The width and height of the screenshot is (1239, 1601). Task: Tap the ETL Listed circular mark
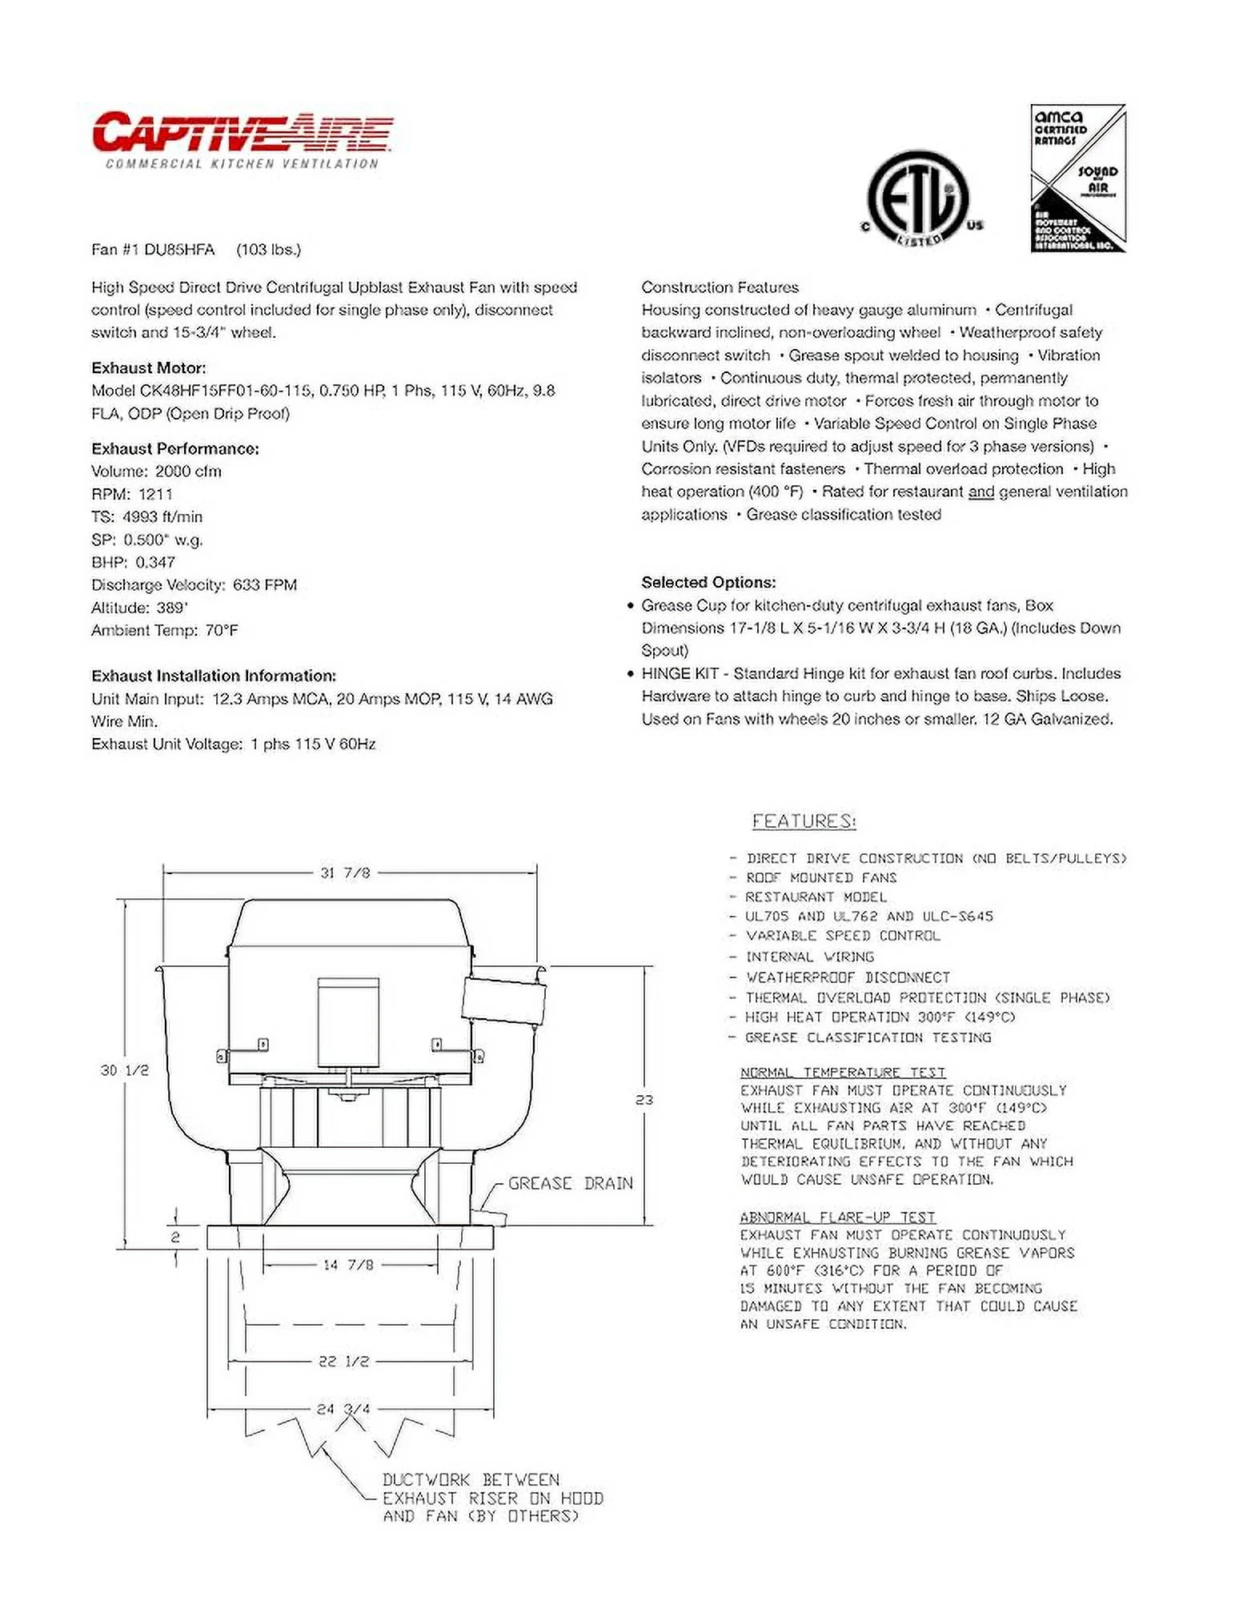pyautogui.click(x=918, y=198)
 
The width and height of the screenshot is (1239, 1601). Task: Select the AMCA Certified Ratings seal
pyautogui.click(x=1077, y=179)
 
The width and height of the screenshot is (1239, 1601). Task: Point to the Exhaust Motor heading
pyautogui.click(x=149, y=368)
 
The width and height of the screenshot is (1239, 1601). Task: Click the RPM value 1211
pyautogui.click(x=155, y=494)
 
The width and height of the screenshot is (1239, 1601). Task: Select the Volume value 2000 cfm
pyautogui.click(x=188, y=471)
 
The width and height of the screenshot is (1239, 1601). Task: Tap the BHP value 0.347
pyautogui.click(x=155, y=562)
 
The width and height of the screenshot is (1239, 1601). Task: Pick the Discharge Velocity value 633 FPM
pyautogui.click(x=265, y=585)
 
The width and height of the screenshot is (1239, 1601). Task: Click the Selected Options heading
pyautogui.click(x=708, y=583)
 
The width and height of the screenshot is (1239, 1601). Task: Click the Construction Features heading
pyautogui.click(x=720, y=287)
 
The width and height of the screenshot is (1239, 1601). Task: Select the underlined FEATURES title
pyautogui.click(x=804, y=821)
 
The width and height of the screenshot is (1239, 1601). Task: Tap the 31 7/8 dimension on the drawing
pyautogui.click(x=345, y=873)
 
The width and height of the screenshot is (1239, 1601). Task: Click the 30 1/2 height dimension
pyautogui.click(x=125, y=1070)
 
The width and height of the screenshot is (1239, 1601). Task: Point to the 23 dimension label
pyautogui.click(x=644, y=1100)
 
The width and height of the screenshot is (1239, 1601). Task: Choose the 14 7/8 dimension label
pyautogui.click(x=348, y=1266)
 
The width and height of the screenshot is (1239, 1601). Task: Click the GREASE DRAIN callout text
pyautogui.click(x=570, y=1183)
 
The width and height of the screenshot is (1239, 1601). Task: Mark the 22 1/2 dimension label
pyautogui.click(x=344, y=1362)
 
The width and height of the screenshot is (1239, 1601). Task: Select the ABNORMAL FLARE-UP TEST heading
pyautogui.click(x=837, y=1218)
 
